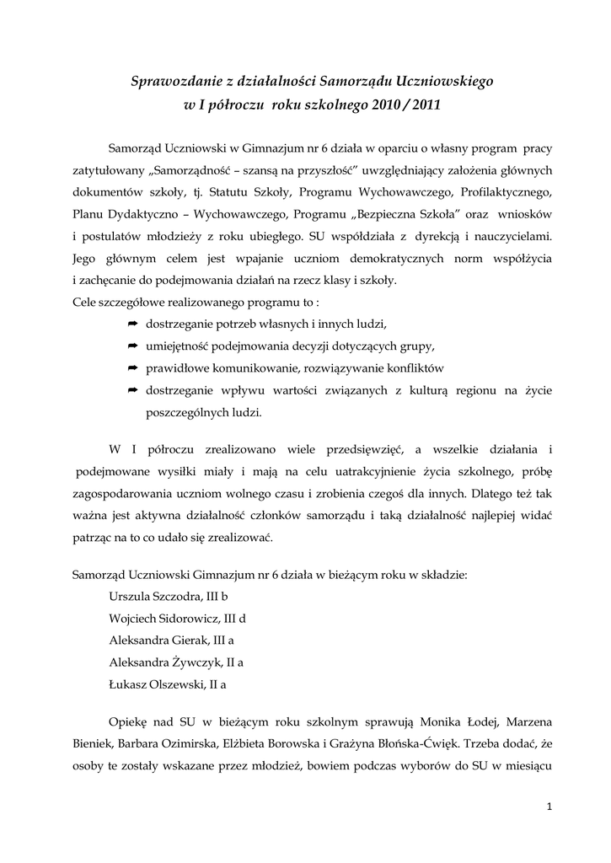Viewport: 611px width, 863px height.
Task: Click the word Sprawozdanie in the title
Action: (174, 82)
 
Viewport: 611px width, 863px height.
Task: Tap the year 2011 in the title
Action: (420, 105)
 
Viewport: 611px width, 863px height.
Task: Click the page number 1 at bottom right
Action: (549, 807)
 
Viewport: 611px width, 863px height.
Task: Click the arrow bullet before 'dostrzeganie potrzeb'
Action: (132, 324)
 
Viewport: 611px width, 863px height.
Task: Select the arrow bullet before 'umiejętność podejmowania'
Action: (132, 346)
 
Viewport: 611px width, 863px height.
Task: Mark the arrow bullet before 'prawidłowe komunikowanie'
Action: (132, 368)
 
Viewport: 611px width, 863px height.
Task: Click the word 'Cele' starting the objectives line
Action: (85, 302)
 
